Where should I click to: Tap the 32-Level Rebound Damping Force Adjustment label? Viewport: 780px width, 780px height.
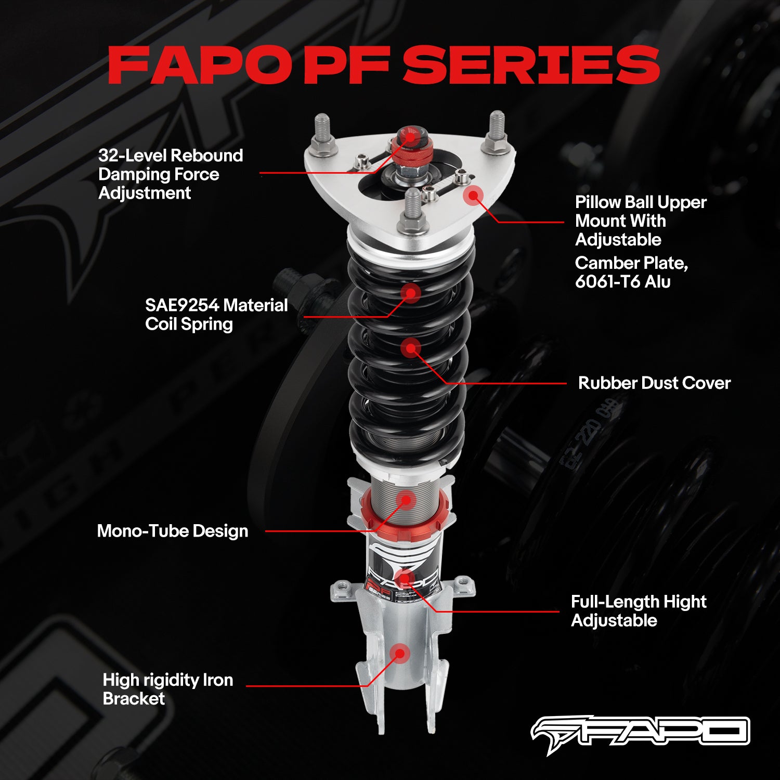click(171, 174)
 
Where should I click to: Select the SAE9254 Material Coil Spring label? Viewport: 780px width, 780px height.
click(216, 314)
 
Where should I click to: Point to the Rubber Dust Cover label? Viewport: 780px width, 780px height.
click(654, 383)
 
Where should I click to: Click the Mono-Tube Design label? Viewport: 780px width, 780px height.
click(172, 531)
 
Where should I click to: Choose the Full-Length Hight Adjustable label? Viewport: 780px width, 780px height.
click(638, 611)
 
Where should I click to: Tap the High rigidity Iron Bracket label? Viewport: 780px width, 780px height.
click(167, 689)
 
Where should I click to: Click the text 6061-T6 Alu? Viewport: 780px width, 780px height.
click(622, 282)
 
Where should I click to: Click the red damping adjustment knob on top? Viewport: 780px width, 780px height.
click(410, 148)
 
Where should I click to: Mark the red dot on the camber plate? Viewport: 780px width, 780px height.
click(473, 196)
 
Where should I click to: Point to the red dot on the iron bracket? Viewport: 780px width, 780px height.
click(400, 654)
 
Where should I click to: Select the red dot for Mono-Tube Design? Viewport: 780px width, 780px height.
click(406, 500)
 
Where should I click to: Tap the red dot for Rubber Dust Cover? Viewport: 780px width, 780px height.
click(411, 348)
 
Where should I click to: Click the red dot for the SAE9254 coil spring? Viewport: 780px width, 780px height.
click(410, 293)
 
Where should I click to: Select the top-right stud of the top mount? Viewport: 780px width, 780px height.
click(497, 130)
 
